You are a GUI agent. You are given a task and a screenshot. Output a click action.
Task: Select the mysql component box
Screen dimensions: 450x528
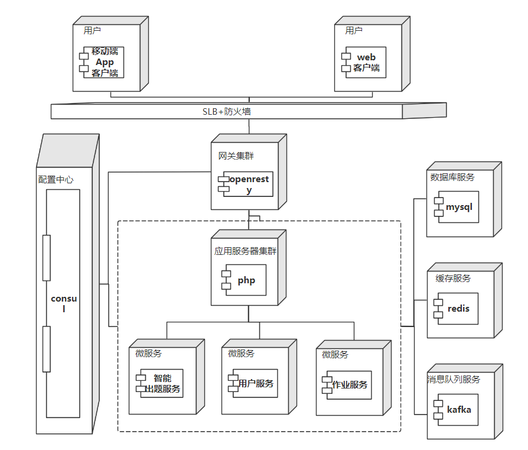(x=458, y=207)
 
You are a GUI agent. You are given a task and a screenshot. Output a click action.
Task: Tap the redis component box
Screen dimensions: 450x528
(x=457, y=309)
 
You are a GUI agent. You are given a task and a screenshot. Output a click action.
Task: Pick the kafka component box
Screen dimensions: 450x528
(x=458, y=409)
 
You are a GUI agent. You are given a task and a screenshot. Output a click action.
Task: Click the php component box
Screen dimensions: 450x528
(x=245, y=280)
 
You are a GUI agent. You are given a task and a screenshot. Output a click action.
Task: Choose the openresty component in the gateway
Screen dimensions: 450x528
(x=248, y=184)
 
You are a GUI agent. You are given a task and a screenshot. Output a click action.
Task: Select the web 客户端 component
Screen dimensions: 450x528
(x=366, y=63)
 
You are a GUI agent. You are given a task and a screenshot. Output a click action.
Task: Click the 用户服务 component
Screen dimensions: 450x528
(x=255, y=384)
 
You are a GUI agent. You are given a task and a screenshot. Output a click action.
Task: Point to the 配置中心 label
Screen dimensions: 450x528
(x=56, y=179)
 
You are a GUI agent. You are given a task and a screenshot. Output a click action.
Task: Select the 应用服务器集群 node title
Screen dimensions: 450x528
(x=245, y=251)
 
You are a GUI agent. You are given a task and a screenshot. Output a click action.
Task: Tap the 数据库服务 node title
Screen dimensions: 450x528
(x=452, y=177)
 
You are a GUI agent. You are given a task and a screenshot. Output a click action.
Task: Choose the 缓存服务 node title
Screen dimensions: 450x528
(x=454, y=279)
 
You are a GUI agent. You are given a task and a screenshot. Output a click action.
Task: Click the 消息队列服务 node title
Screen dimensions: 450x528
(x=454, y=380)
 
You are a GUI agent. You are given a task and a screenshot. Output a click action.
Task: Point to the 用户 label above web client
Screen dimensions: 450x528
(x=354, y=31)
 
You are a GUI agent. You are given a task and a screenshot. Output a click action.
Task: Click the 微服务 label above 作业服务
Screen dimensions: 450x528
(x=335, y=355)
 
